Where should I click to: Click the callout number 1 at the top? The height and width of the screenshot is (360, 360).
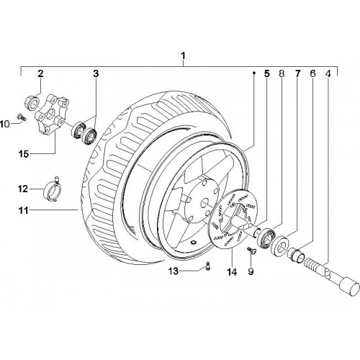(x=183, y=56)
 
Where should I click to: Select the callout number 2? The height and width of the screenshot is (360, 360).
(x=40, y=73)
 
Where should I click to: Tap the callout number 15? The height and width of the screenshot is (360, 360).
(x=24, y=154)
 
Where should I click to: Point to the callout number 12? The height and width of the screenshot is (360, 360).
(x=23, y=189)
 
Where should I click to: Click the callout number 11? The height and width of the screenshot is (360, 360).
(x=24, y=210)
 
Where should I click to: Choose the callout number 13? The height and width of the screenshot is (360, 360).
(x=174, y=271)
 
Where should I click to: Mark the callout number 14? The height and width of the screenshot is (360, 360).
(x=232, y=272)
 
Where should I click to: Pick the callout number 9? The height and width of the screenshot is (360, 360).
(x=251, y=271)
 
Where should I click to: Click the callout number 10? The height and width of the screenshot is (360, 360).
(x=5, y=124)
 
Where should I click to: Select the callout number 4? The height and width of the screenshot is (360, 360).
(x=328, y=73)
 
